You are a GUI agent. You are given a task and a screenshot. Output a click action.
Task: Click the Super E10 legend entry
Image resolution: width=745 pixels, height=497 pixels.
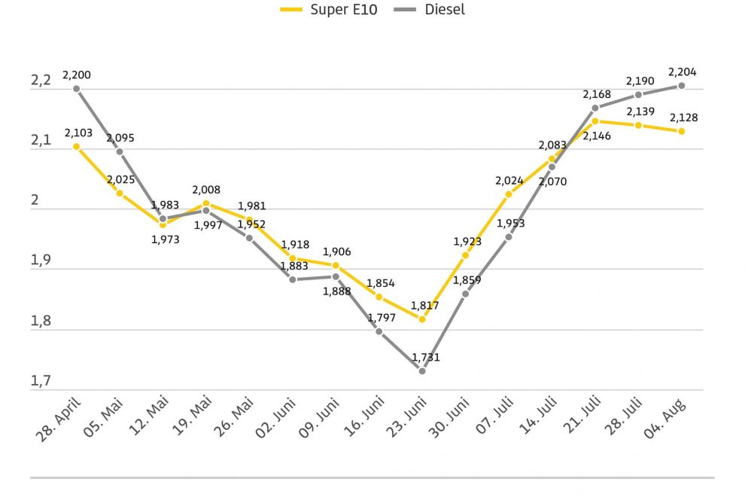tap(328, 9)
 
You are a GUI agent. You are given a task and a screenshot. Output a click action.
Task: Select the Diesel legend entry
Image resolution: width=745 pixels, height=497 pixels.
tap(429, 9)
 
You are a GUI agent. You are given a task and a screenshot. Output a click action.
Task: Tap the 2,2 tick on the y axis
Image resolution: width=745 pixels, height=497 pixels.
tap(41, 80)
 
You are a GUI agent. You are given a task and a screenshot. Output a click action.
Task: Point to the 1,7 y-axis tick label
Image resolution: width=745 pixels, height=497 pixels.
tap(41, 380)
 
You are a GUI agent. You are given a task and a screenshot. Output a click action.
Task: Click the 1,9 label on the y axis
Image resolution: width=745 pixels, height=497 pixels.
tap(41, 260)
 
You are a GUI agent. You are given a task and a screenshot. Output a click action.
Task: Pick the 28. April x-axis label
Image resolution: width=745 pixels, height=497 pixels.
tap(58, 419)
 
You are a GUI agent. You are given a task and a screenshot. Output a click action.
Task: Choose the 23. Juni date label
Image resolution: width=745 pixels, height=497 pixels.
tap(406, 417)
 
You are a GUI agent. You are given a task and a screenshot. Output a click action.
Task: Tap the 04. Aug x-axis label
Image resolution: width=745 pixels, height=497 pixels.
tap(665, 419)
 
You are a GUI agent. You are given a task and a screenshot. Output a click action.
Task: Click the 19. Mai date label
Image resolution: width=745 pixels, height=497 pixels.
tap(191, 416)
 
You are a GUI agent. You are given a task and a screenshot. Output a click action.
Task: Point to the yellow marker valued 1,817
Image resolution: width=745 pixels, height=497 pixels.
tap(422, 319)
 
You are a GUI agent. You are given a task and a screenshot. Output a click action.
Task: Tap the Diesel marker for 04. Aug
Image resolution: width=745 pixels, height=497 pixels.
tap(681, 86)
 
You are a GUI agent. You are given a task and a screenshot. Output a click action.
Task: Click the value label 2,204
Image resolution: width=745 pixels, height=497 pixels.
tap(683, 72)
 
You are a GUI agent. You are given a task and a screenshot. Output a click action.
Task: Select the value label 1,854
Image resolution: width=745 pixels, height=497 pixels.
tap(381, 283)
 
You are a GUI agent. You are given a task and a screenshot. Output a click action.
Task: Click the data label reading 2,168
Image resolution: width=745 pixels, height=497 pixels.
tap(597, 94)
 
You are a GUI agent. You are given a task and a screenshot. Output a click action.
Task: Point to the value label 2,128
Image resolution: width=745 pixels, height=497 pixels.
tap(684, 117)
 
